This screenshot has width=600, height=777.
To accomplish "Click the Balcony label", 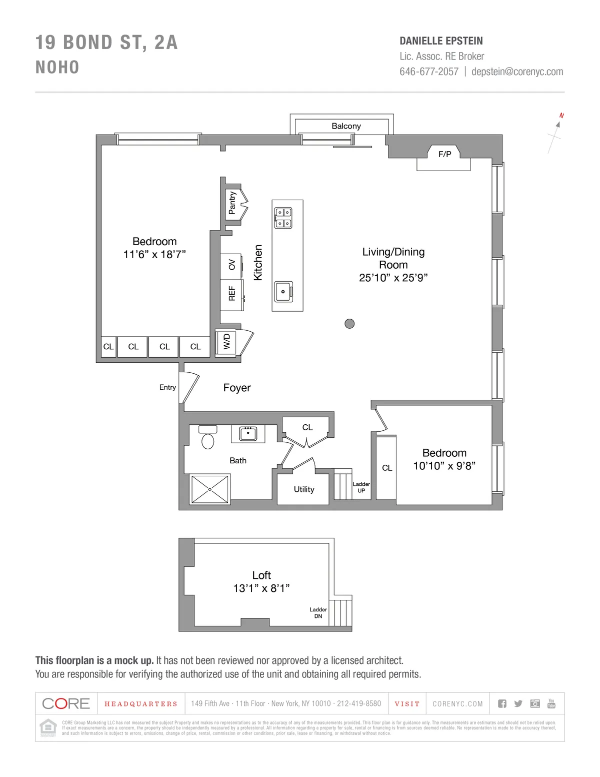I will point(346,126).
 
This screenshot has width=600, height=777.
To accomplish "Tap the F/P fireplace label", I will point(444,154).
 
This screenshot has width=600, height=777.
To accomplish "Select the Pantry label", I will point(232,203).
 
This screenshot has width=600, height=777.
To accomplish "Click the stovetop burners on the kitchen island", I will point(282,218).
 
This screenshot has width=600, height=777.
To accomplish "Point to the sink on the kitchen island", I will point(283,291).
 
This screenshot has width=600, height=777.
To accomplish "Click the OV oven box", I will point(232,265).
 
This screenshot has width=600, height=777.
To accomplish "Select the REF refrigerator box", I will point(232,294).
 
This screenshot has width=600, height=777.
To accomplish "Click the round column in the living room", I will point(349,323).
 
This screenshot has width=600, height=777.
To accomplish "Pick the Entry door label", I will point(167,387).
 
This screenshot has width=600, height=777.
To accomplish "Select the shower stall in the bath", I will point(210,489).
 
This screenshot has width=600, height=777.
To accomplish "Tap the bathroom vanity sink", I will point(247,433).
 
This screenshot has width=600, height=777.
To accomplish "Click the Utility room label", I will point(304,489).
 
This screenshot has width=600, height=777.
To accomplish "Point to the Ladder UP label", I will point(361,487).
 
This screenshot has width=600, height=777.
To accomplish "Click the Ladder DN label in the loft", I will point(318,613).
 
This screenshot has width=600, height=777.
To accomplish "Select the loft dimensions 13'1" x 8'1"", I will point(261,588).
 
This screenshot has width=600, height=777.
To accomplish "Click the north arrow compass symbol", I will point(556,133).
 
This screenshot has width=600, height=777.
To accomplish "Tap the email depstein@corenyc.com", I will point(517,72).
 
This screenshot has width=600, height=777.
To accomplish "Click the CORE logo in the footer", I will point(66,703).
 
